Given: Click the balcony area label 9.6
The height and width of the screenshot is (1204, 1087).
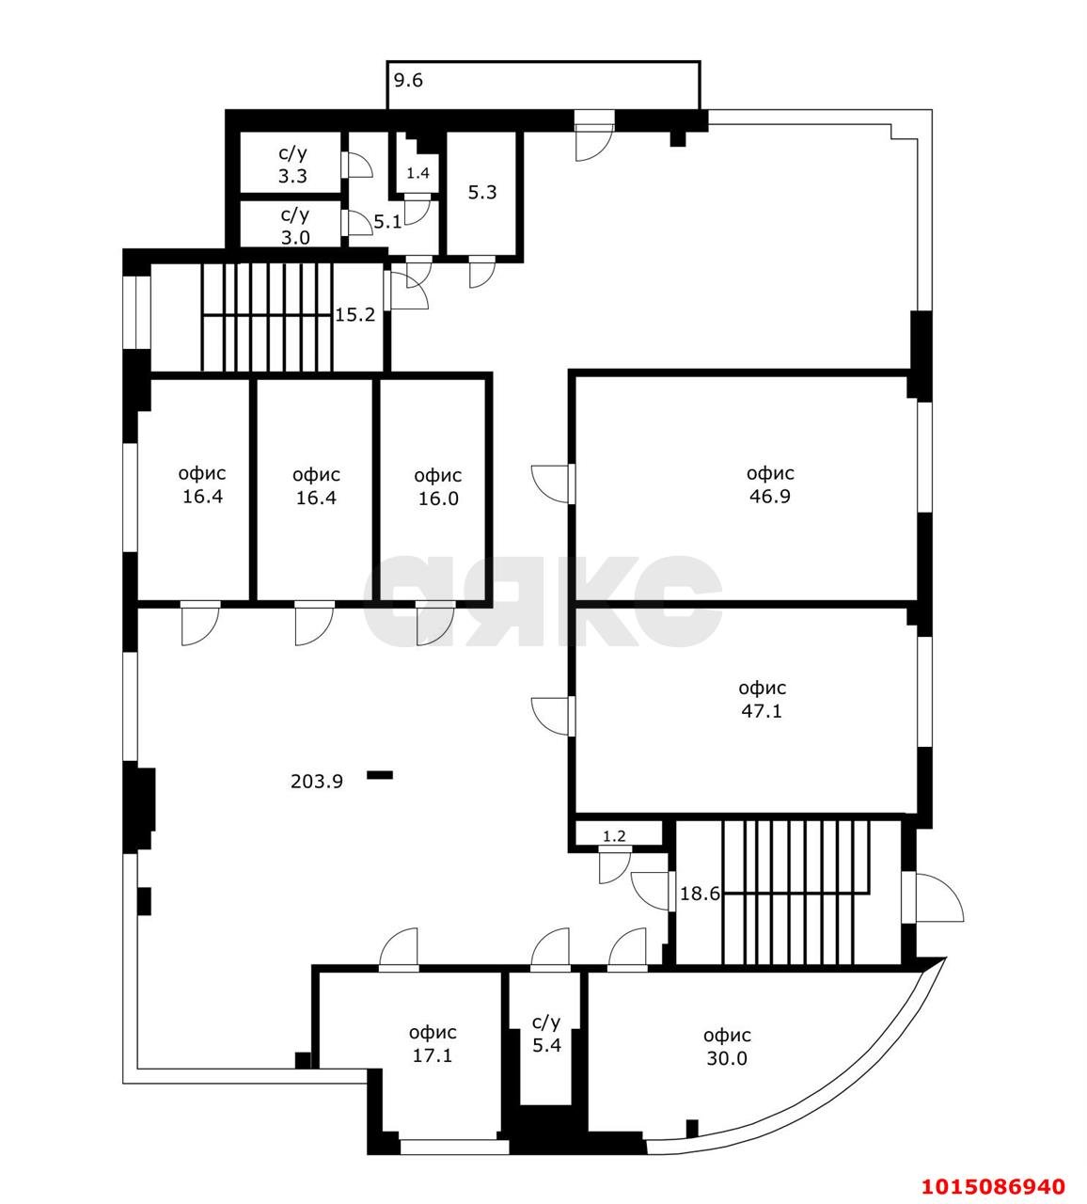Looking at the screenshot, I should (x=408, y=81).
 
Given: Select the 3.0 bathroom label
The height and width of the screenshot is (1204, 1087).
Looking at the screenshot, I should (x=294, y=226).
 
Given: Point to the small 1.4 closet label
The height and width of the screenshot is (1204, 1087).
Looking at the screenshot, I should (x=417, y=173).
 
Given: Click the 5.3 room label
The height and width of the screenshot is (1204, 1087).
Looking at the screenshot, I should (x=481, y=193).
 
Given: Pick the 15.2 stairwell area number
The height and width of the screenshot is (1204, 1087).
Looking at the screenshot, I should (x=355, y=315).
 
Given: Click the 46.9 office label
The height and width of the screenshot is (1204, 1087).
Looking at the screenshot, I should (x=769, y=484).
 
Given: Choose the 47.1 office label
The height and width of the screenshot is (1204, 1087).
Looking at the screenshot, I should (x=761, y=699).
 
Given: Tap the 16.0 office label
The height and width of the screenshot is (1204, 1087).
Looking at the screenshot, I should (x=437, y=487).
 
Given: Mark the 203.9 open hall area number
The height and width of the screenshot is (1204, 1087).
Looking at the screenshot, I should (x=317, y=781).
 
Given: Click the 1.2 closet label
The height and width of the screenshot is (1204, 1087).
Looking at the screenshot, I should (x=614, y=835).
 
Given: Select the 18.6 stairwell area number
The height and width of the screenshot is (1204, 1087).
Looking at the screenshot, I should (x=700, y=895).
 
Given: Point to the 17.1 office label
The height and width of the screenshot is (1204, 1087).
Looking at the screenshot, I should (x=433, y=1044).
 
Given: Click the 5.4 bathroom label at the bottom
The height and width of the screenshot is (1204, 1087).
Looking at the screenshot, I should (x=546, y=1033).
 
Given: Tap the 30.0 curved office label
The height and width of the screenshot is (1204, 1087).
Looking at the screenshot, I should (x=727, y=1047).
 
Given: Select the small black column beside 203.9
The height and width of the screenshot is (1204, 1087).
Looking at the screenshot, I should (x=380, y=775).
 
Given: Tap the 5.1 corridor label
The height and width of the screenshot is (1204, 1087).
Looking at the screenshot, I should (x=387, y=223).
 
